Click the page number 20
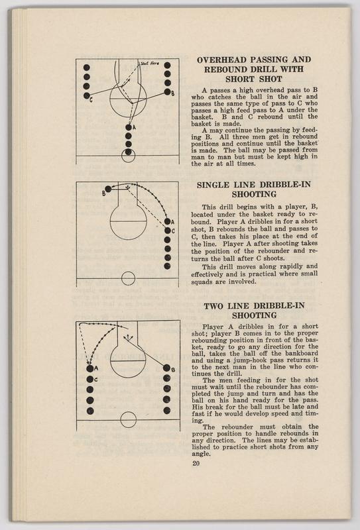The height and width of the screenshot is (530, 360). [x=196, y=463]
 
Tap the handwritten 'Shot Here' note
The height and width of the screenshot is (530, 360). [x=150, y=63]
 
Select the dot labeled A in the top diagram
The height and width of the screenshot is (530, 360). [x=128, y=127]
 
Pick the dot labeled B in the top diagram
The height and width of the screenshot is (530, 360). [x=167, y=91]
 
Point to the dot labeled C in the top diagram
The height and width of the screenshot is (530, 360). [x=87, y=95]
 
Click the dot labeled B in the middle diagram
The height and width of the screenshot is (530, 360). [x=108, y=189]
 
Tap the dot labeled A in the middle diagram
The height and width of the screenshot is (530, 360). [x=167, y=222]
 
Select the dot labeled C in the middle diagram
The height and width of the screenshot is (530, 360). [x=167, y=231]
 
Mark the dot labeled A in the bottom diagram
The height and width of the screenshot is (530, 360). [x=90, y=369]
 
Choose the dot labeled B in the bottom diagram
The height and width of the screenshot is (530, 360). [x=166, y=368]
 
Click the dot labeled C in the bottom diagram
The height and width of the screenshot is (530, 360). [x=90, y=379]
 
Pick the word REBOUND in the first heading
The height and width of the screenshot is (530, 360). [x=225, y=70]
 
